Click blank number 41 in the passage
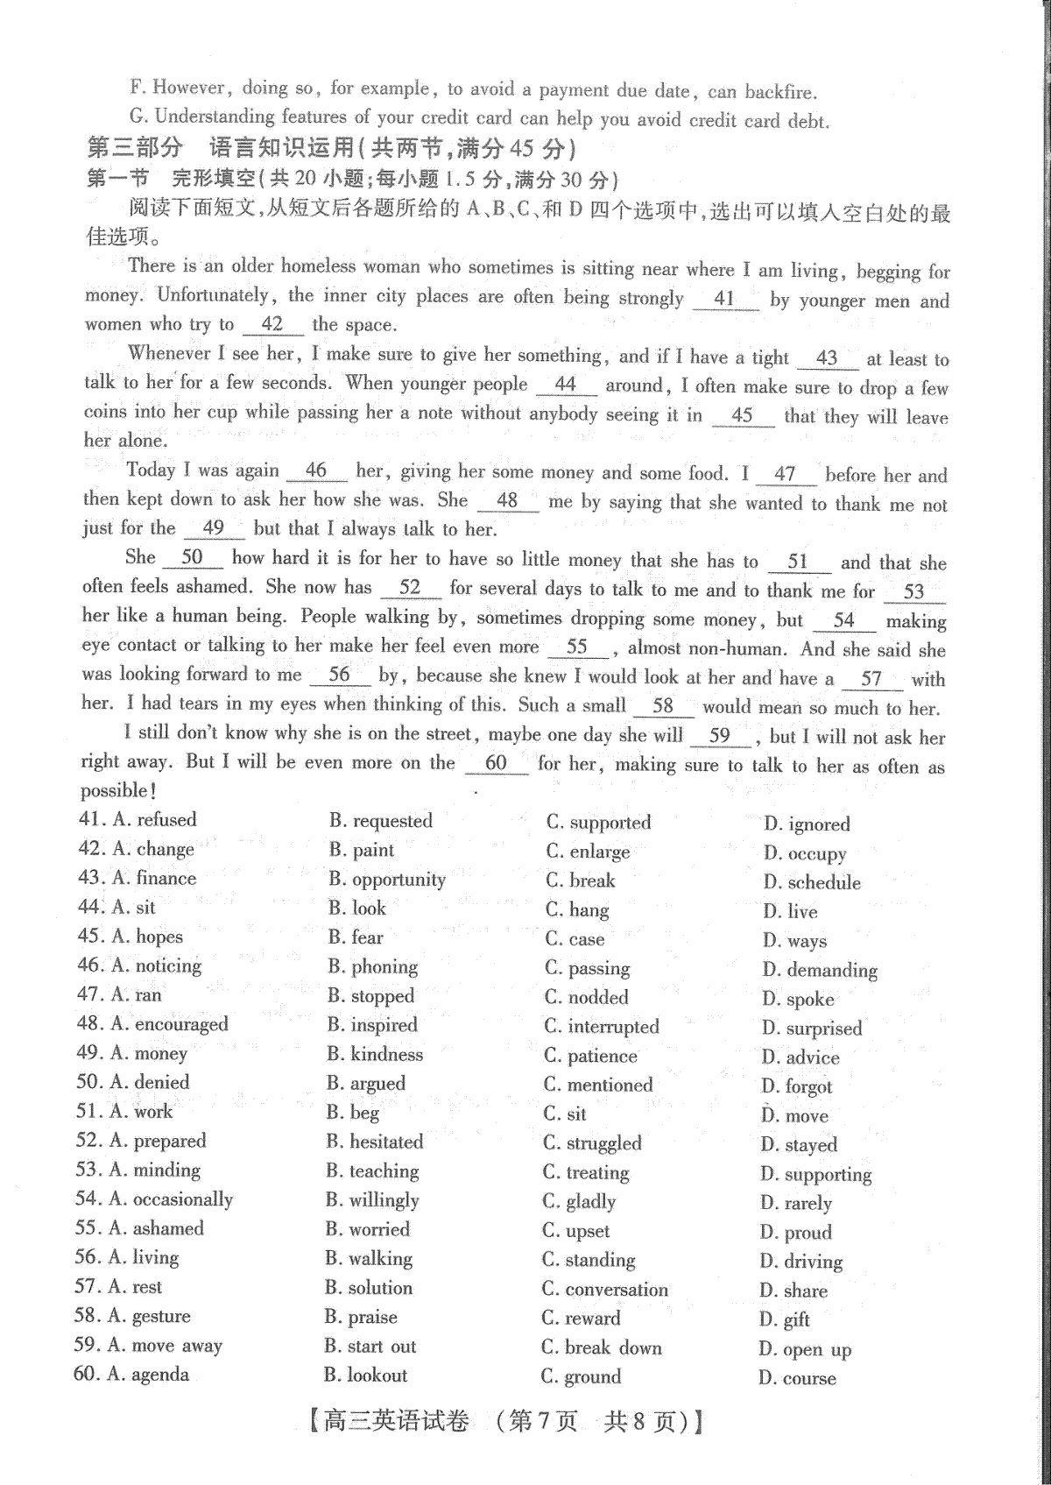click(724, 299)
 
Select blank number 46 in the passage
click(316, 470)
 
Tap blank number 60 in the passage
click(496, 763)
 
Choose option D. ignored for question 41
click(807, 824)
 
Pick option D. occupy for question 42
click(805, 853)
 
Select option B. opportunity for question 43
click(387, 880)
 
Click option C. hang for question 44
click(577, 910)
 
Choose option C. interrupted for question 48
click(602, 1027)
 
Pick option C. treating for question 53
click(586, 1172)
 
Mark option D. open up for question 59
click(805, 1350)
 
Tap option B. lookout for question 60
click(365, 1375)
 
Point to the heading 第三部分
click(135, 148)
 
